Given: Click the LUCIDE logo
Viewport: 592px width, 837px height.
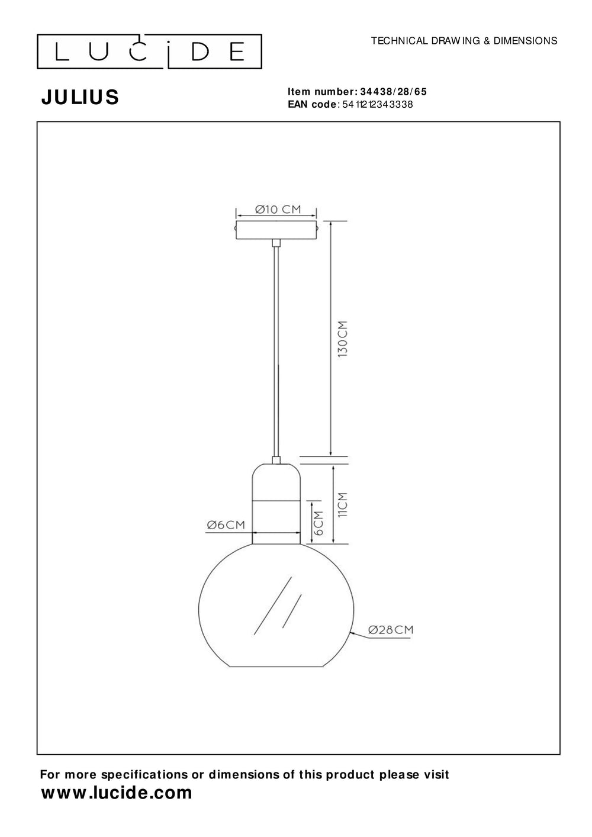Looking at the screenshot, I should (150, 52).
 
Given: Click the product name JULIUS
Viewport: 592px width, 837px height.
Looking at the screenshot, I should (80, 97).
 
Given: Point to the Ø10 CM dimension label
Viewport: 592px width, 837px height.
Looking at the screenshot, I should (278, 209).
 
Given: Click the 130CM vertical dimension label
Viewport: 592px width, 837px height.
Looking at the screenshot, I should (343, 338).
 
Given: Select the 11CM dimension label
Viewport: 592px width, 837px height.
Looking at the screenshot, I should (343, 505).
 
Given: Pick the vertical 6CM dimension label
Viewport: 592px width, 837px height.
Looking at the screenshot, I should (318, 523).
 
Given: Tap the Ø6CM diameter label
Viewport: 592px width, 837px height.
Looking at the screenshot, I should (226, 525).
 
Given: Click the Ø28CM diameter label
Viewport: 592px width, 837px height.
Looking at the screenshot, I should (390, 630).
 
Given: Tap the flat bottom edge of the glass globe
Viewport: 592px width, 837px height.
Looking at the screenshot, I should (276, 667).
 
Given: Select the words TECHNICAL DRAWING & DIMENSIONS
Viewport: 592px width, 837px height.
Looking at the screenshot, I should (464, 41).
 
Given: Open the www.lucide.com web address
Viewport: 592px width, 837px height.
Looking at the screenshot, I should (116, 793).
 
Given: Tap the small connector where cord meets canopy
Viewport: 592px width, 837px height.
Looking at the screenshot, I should (276, 243).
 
